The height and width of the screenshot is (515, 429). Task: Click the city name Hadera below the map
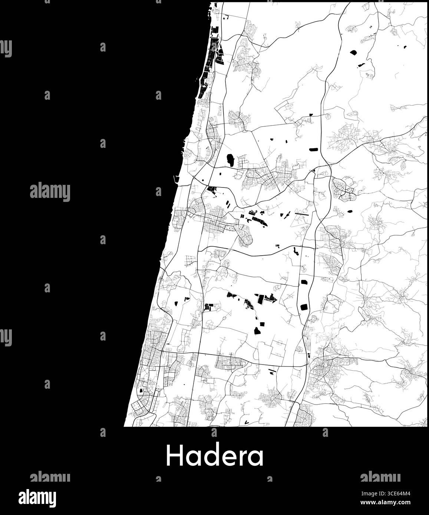coord(215,455)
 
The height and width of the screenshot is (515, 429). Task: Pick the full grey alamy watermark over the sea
coord(50,192)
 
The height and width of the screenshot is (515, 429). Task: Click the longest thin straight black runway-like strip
coord(301,213)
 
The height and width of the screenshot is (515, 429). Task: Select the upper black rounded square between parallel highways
coord(305,283)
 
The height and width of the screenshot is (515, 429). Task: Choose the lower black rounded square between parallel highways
coord(304,307)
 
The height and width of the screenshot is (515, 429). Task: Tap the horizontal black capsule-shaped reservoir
coord(314,149)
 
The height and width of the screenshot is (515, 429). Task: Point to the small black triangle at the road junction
coord(313,170)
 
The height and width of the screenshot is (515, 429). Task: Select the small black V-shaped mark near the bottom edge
coord(246,421)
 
